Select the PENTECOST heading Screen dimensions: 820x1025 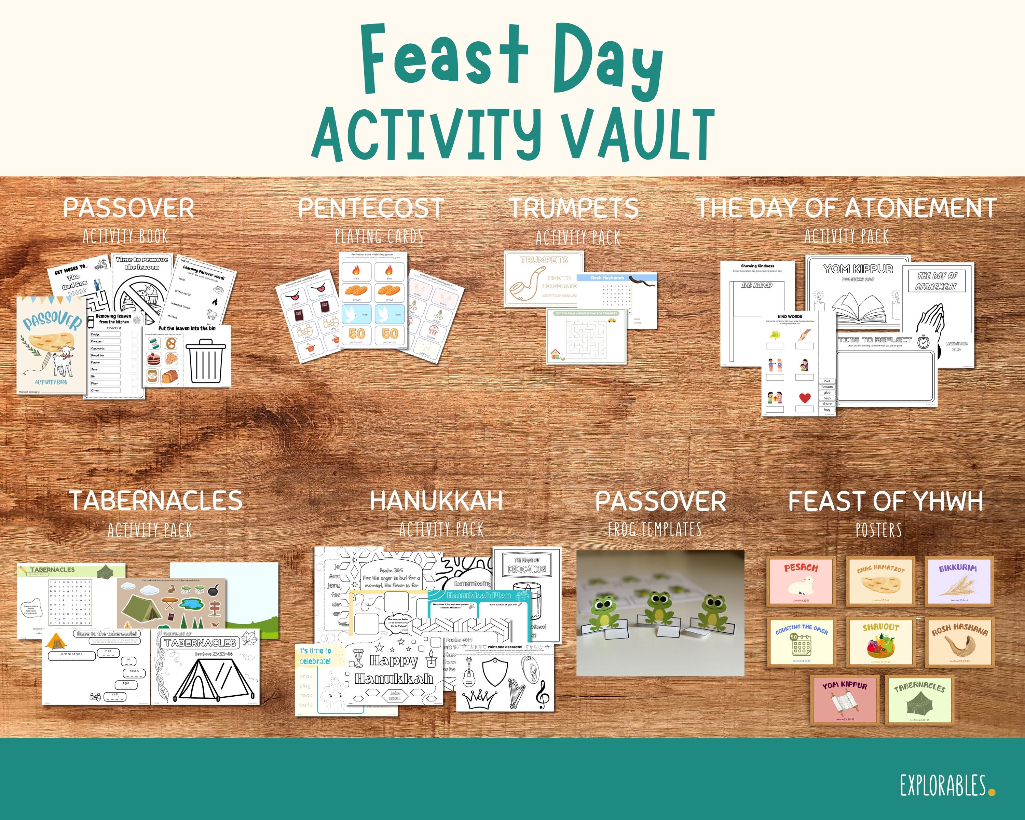(370, 208)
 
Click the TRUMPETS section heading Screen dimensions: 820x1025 (574, 208)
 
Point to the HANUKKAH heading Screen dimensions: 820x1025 (436, 501)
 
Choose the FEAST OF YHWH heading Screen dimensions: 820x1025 (885, 501)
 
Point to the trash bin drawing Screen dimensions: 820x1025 (205, 361)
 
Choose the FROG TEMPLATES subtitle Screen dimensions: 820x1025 (655, 529)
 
